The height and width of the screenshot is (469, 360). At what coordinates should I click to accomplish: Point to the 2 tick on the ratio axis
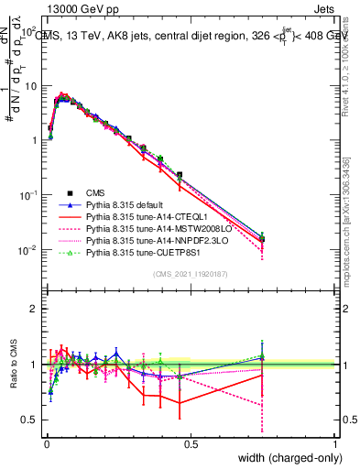coord(33,309)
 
